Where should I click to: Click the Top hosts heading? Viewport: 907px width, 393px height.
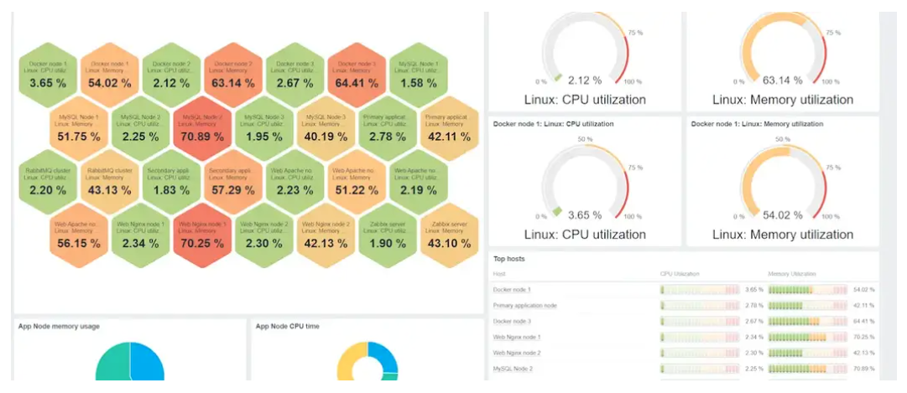(510, 260)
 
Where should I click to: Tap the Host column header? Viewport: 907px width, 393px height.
(500, 274)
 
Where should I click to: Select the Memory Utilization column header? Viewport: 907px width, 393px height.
(792, 274)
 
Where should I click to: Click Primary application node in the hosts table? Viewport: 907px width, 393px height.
(525, 305)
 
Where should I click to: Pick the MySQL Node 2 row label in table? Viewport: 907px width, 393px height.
(513, 368)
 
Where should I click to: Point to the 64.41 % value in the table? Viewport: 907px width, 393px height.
(863, 321)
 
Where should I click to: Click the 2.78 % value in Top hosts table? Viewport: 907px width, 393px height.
(754, 305)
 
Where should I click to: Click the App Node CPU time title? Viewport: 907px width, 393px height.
(288, 326)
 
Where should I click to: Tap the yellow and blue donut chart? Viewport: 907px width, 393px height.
(367, 364)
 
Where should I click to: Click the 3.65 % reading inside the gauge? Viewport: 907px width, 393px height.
(584, 215)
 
